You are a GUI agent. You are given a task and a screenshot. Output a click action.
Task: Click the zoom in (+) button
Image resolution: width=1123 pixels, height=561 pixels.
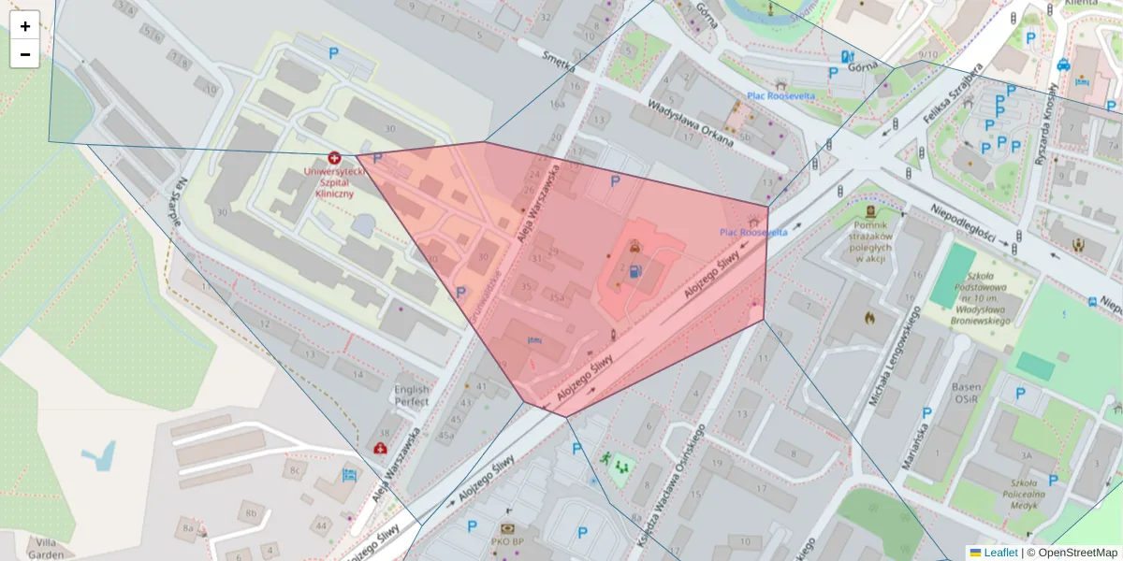25,25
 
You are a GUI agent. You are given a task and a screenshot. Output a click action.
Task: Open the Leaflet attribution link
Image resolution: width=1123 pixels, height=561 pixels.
1000,553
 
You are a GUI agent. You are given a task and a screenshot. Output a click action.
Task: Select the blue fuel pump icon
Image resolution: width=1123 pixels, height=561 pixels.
636,272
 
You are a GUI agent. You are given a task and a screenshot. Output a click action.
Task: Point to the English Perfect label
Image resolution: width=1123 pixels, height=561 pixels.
412,396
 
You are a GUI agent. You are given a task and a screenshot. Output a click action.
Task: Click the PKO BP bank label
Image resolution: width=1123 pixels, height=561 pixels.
507,540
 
